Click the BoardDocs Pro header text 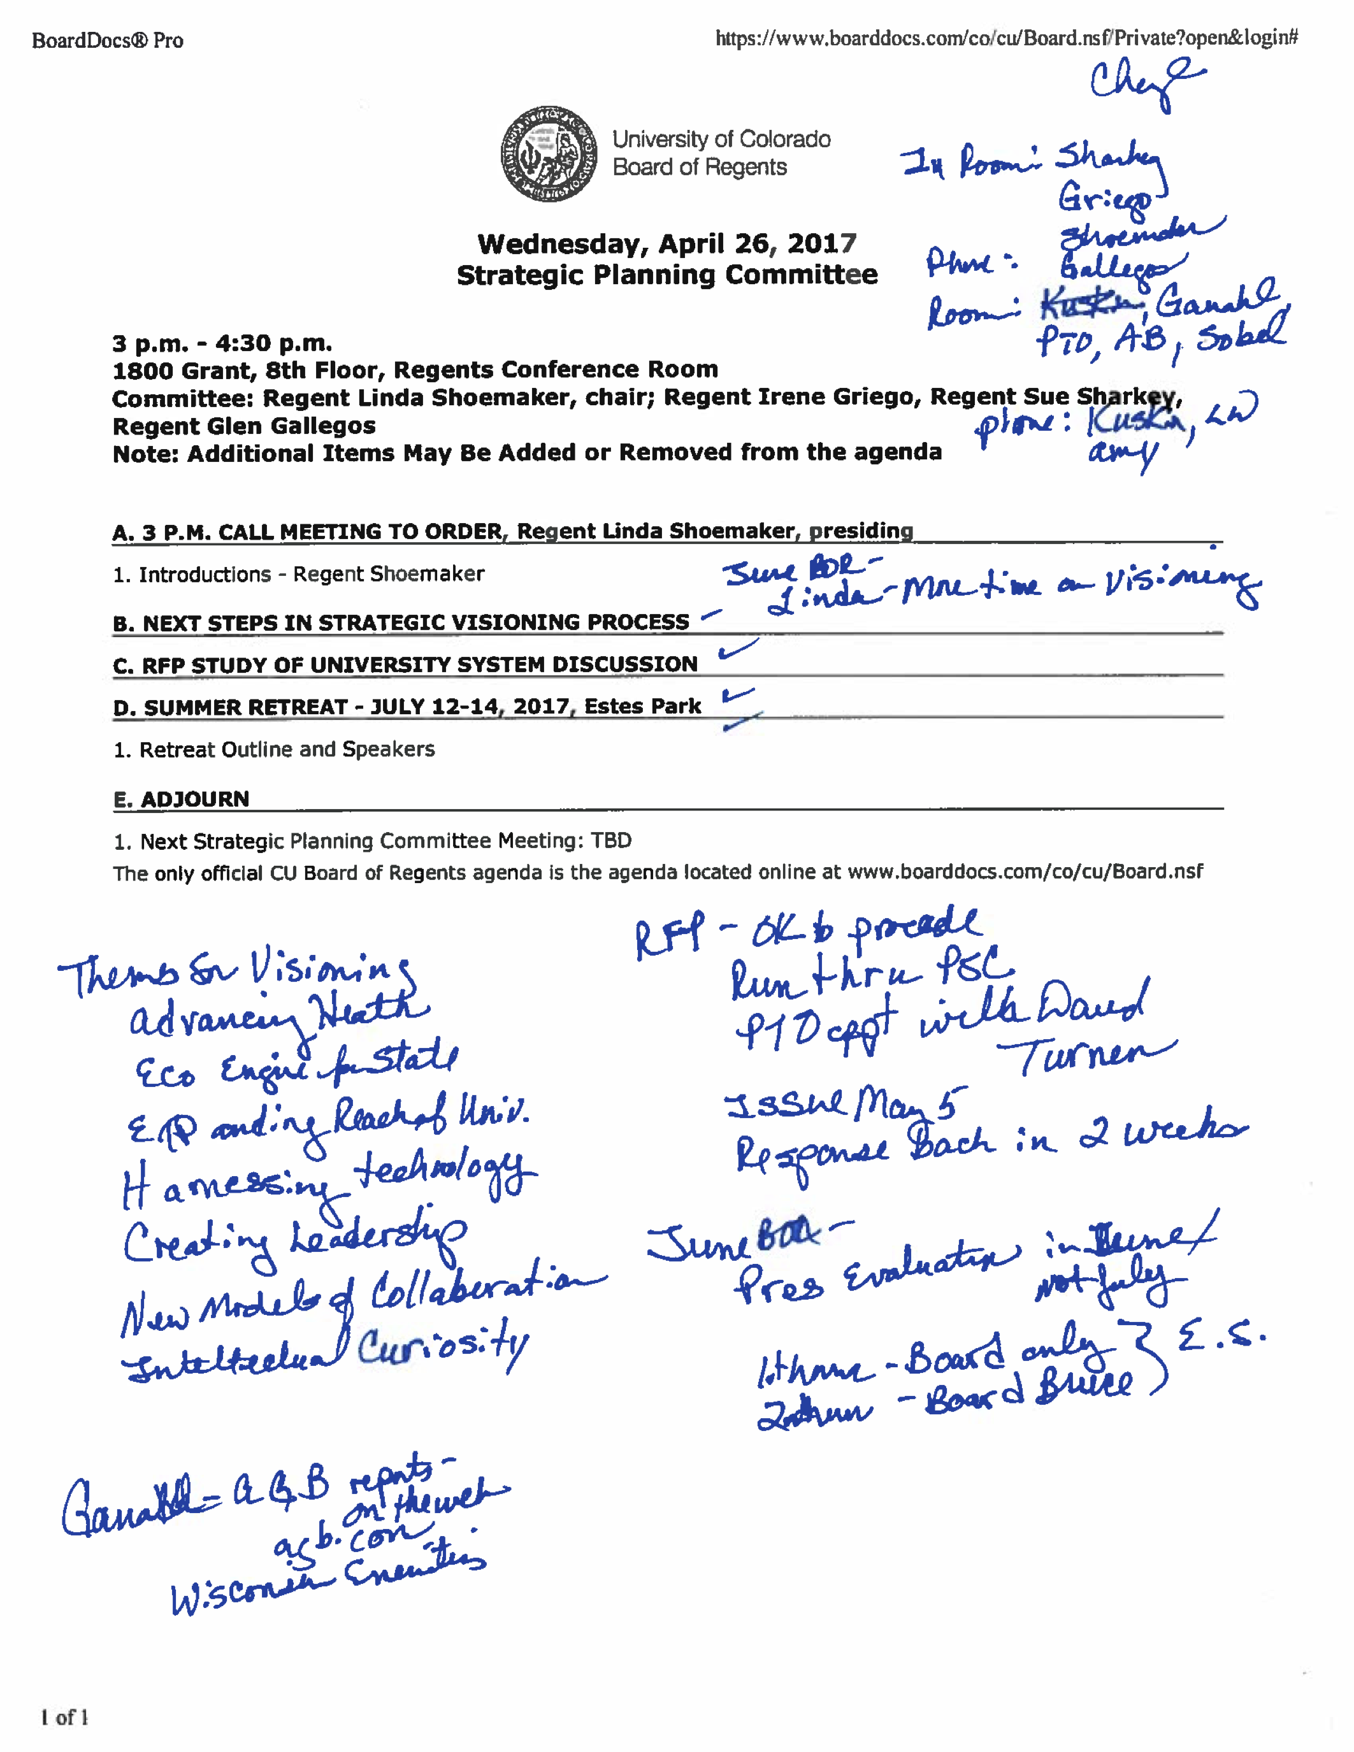[x=108, y=41]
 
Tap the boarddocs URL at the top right [x=1006, y=38]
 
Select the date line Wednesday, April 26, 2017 [x=666, y=243]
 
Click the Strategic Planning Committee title [x=666, y=275]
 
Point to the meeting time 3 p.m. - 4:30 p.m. [x=222, y=343]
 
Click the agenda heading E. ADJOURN [x=182, y=799]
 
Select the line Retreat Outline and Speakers [x=275, y=749]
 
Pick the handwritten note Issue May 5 [x=846, y=1104]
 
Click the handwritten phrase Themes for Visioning [x=236, y=972]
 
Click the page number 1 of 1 [x=64, y=1717]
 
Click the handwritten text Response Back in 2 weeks [x=991, y=1143]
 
